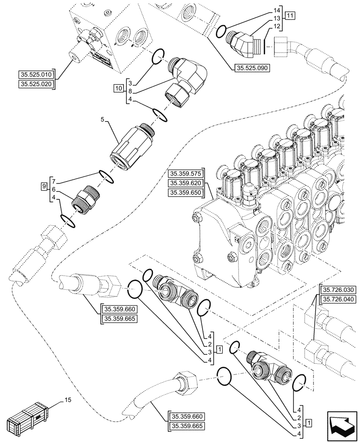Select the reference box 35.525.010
35,74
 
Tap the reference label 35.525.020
35,84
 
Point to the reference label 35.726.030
337,290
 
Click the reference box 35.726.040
337,299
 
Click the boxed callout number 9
44,186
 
